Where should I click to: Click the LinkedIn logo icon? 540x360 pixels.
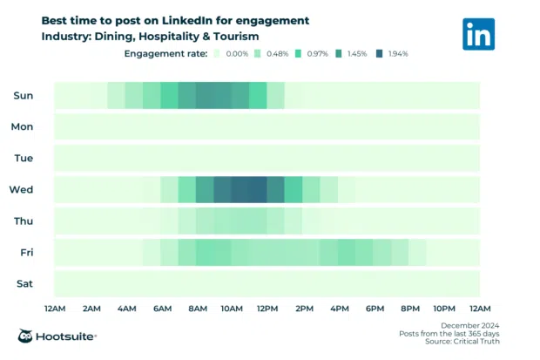[479, 34]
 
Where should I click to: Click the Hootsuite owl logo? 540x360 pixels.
[27, 336]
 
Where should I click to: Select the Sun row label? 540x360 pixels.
[24, 96]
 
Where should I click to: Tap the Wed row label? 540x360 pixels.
[22, 189]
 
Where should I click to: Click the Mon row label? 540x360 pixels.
[23, 127]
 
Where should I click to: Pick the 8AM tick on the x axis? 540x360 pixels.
[197, 309]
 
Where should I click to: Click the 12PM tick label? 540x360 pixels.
[267, 309]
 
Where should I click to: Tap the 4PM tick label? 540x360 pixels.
[339, 309]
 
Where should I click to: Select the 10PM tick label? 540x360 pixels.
[444, 309]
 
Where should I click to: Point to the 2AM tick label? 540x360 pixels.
[91, 309]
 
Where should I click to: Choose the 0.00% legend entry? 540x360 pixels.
[231, 54]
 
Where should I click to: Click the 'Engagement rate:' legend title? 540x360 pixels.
[165, 54]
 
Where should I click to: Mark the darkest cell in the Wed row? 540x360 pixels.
[249, 189]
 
